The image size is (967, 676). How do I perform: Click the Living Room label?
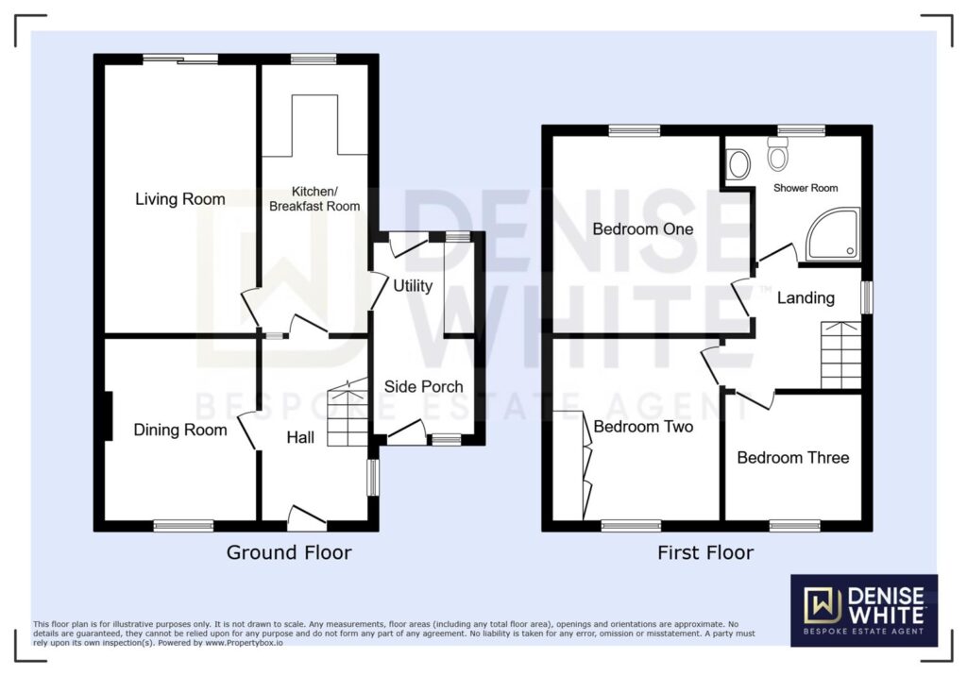point(180,199)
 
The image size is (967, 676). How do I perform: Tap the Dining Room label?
point(180,430)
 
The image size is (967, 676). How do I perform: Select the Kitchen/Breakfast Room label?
point(314,198)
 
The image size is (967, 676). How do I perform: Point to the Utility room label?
point(413,285)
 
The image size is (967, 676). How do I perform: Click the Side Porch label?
point(424,387)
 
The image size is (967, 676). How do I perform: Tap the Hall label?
point(300,437)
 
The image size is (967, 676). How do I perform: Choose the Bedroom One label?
point(642,228)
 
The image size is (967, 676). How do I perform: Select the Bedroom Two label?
point(643,427)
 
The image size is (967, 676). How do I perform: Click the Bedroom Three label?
point(793,458)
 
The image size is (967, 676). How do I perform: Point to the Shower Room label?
point(806,188)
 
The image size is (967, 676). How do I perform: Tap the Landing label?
point(806,298)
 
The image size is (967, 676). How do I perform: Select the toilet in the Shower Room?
point(778,153)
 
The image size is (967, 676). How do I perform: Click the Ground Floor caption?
point(289,552)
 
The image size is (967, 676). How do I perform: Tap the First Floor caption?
point(705,552)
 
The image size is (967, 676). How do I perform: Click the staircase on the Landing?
point(840,355)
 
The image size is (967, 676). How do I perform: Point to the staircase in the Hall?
point(348,414)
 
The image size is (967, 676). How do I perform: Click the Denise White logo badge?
point(864,611)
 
